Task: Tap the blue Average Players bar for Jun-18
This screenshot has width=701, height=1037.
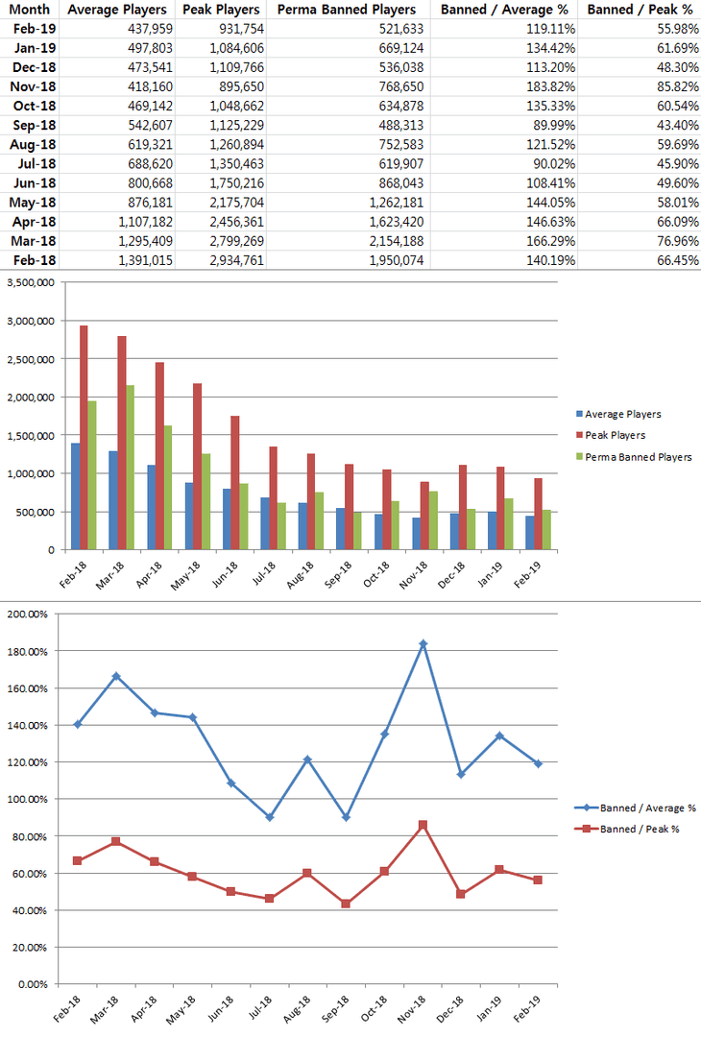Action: [228, 518]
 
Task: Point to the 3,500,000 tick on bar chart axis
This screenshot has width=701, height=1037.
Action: [29, 282]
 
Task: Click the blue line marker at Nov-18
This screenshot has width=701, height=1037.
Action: [423, 644]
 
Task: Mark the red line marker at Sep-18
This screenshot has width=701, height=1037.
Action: [347, 904]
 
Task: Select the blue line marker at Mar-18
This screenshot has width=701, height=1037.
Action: [116, 676]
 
